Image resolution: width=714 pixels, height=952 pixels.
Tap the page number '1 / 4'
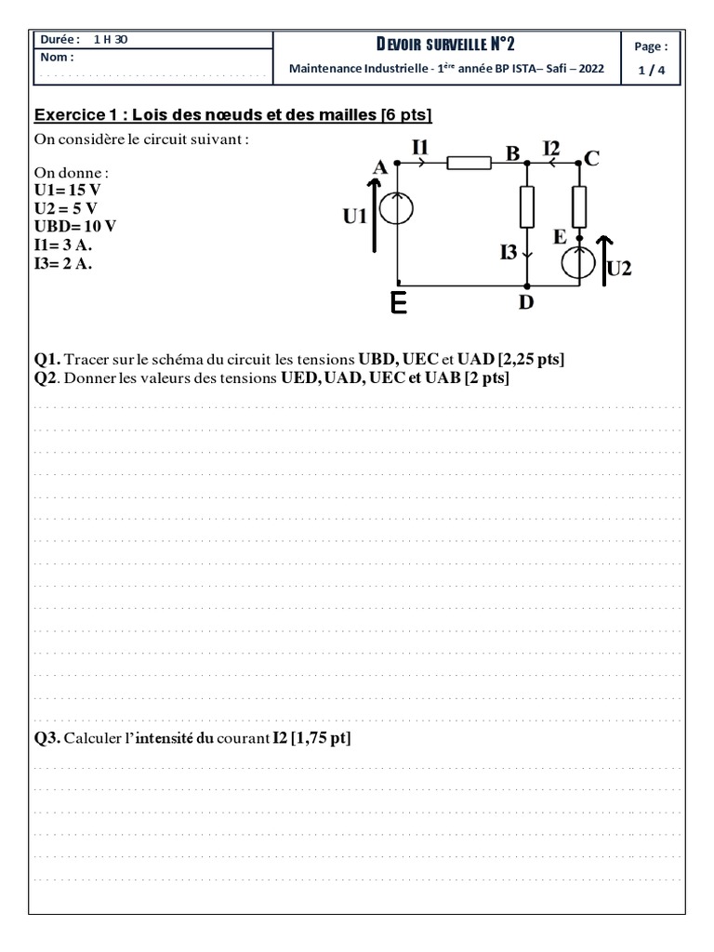click(x=650, y=68)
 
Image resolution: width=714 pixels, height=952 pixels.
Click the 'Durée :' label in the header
click(x=60, y=39)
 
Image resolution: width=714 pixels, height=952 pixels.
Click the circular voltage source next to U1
click(x=397, y=209)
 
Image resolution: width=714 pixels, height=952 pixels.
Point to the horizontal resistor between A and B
click(x=469, y=164)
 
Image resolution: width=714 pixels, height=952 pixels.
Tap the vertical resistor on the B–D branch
click(x=527, y=207)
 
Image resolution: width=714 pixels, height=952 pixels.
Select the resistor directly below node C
click(x=579, y=207)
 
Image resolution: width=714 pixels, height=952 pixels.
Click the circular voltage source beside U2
click(x=579, y=261)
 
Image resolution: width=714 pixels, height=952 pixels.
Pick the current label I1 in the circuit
click(x=421, y=146)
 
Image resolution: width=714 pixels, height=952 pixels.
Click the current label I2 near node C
click(x=552, y=147)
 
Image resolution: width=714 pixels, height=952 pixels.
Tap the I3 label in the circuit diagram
click(x=509, y=251)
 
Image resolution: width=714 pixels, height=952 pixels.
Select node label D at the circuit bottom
click(x=525, y=303)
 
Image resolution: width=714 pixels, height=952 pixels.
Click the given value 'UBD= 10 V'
click(x=75, y=227)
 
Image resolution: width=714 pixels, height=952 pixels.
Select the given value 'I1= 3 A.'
click(x=63, y=245)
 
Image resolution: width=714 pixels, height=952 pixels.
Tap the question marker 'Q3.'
click(x=47, y=738)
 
